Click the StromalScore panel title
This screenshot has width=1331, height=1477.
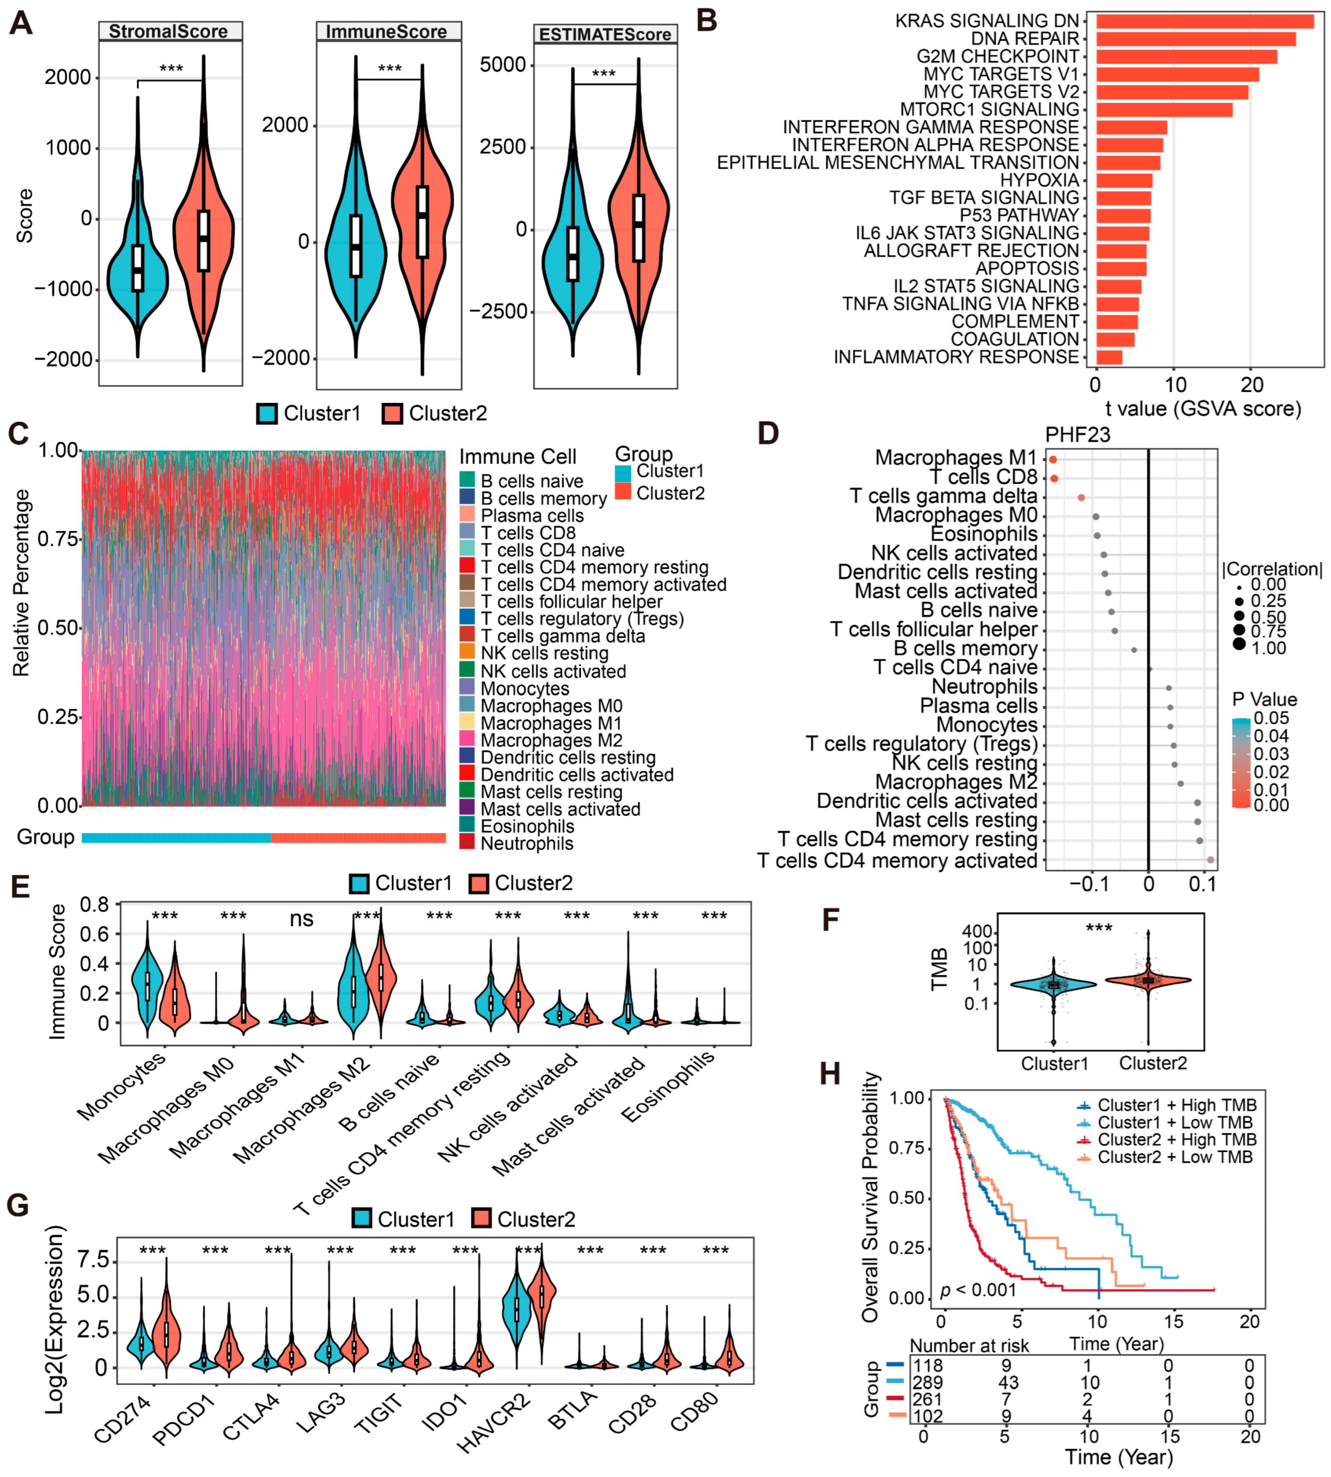pos(168,32)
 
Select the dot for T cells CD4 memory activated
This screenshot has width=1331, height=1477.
pos(1210,860)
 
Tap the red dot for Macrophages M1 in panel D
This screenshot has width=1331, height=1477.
pos(1053,459)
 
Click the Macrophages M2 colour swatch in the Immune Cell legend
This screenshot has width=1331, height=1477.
pos(467,740)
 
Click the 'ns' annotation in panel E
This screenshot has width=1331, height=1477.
pos(301,919)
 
